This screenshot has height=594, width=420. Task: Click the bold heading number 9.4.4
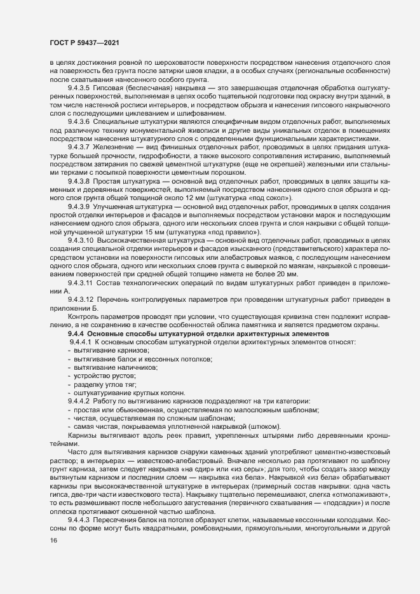[x=76, y=334]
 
